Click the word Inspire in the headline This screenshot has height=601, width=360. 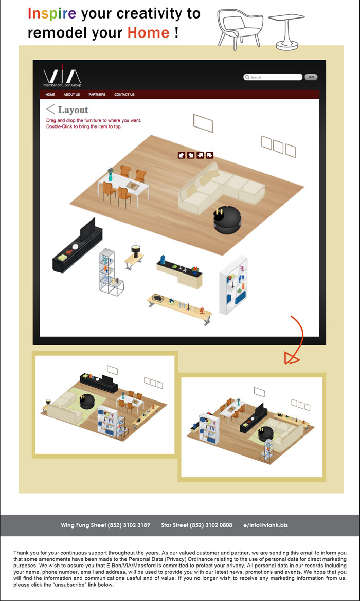(x=52, y=14)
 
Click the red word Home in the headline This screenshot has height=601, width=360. (x=148, y=32)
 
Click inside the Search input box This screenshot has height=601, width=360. (x=273, y=77)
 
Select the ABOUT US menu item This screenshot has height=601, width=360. (x=71, y=94)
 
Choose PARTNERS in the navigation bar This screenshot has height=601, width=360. (x=97, y=94)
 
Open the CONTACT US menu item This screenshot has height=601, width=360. (x=124, y=94)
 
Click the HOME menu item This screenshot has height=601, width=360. (x=50, y=94)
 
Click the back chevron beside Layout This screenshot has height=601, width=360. (x=50, y=109)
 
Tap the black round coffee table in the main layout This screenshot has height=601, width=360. (x=227, y=221)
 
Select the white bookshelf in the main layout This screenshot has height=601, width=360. (x=233, y=285)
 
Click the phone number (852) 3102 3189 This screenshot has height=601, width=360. (x=129, y=525)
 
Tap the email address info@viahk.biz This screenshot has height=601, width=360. (x=267, y=525)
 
